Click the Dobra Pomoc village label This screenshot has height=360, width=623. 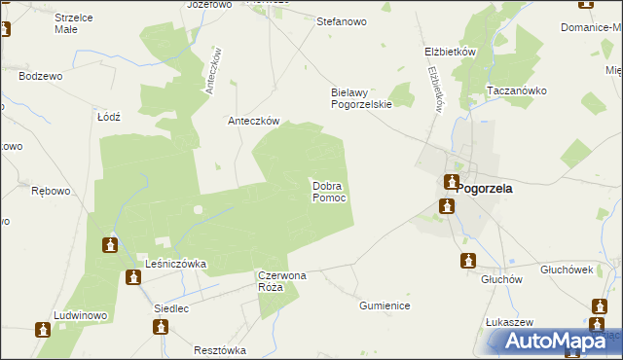[329, 191]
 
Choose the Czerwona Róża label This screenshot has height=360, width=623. [282, 282]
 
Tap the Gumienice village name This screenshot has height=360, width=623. [384, 306]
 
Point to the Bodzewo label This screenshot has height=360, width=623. [40, 76]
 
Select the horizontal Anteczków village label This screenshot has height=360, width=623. [253, 122]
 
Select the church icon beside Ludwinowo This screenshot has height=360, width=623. [43, 330]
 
